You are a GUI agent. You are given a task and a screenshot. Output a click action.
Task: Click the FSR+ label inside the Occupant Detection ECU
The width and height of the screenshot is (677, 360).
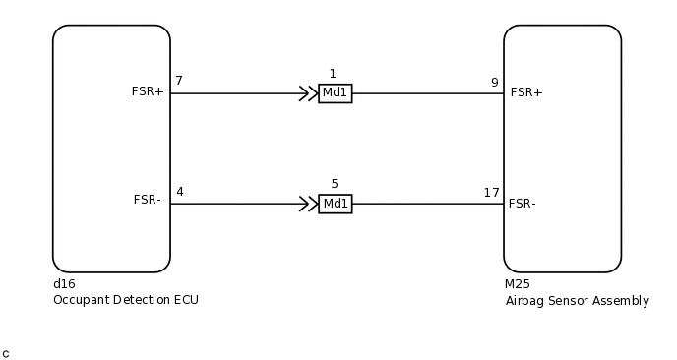(x=148, y=91)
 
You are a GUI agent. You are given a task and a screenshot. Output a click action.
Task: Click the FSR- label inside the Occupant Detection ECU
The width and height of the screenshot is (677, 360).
(x=148, y=200)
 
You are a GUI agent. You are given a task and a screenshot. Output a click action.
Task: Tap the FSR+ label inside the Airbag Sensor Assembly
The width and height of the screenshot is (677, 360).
(x=526, y=92)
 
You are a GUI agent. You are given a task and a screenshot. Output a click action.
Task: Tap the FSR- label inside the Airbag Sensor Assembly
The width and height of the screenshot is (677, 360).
(x=523, y=204)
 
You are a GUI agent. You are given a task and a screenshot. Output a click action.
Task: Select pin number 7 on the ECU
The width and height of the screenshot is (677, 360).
(x=179, y=81)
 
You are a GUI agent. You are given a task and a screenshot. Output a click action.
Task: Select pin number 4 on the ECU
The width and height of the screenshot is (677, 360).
(x=179, y=192)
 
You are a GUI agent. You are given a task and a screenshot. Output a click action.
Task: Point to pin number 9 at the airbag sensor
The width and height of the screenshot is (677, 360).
(x=494, y=83)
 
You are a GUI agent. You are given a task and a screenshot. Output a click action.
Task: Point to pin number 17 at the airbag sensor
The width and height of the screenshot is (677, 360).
(x=491, y=193)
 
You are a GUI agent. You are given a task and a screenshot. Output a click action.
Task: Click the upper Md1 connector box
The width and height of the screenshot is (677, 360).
(x=336, y=93)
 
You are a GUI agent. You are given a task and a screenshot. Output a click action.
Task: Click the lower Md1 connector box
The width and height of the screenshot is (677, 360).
(x=336, y=204)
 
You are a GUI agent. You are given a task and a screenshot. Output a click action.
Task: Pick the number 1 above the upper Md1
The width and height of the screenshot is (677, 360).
(x=333, y=74)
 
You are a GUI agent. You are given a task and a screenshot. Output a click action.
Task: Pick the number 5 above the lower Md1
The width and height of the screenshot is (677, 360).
(x=335, y=184)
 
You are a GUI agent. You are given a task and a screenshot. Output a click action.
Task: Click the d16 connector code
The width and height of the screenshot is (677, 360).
(x=64, y=284)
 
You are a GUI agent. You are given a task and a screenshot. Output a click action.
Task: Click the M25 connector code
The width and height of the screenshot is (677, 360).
(x=518, y=284)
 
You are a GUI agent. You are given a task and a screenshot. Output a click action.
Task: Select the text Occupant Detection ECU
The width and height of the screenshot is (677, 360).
(x=126, y=300)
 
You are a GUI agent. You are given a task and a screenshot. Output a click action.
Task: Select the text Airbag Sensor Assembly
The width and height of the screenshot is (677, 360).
(x=577, y=301)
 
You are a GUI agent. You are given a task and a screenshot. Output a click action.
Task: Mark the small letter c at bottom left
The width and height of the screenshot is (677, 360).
(x=6, y=353)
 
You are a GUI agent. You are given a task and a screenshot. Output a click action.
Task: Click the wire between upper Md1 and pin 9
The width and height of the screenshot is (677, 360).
(x=423, y=93)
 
